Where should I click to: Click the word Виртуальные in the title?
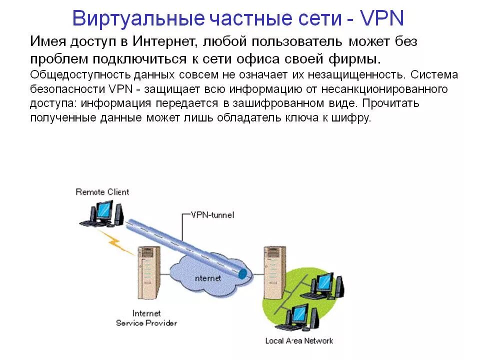tap(138, 19)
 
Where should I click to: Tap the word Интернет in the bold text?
tap(167, 42)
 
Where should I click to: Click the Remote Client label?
tap(102, 192)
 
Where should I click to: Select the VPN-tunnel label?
tap(212, 215)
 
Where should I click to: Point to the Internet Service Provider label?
tap(146, 318)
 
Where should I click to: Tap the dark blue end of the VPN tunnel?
tap(242, 273)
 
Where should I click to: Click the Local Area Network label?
tap(299, 341)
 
